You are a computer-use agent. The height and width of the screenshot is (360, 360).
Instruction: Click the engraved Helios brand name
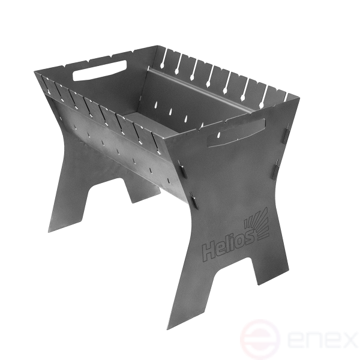point(228,245)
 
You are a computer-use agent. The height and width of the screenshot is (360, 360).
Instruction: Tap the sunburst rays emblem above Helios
point(257,223)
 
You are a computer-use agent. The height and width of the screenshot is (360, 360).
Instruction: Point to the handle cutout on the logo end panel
point(237,133)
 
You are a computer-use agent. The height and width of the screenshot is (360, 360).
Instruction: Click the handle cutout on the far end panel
point(100,70)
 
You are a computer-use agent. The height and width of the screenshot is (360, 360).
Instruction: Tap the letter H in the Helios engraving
point(209,253)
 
